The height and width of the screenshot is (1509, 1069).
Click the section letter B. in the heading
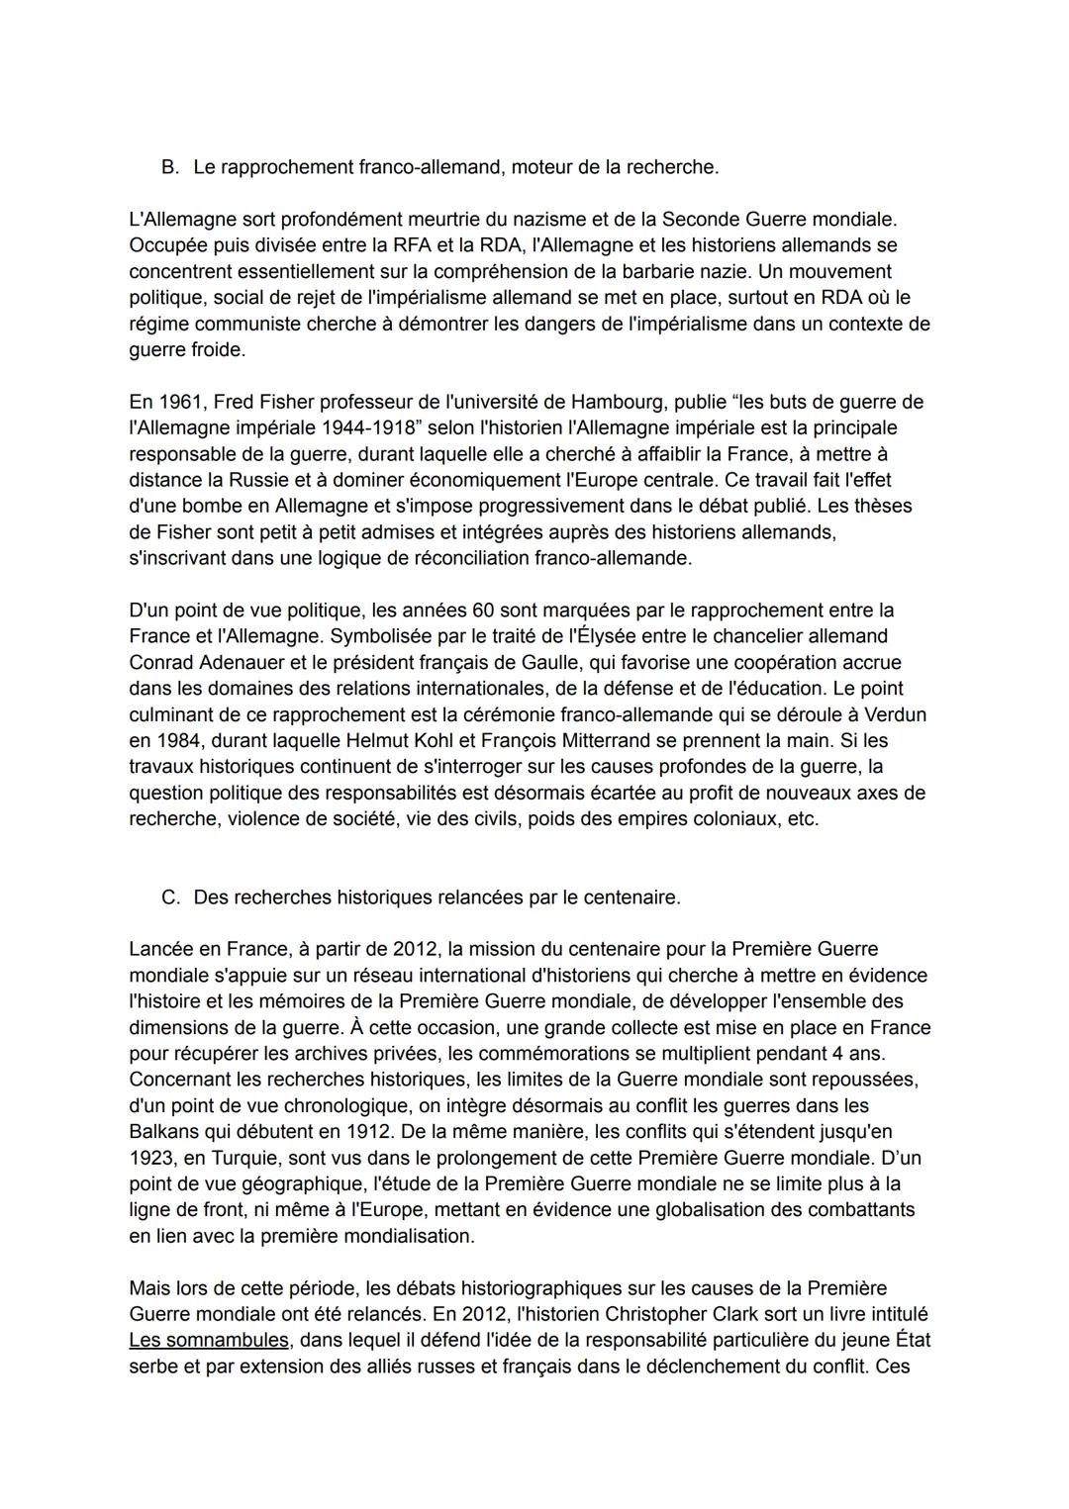click(170, 167)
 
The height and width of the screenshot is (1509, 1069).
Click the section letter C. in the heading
click(170, 897)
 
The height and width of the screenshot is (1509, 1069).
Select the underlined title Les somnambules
click(209, 1341)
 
